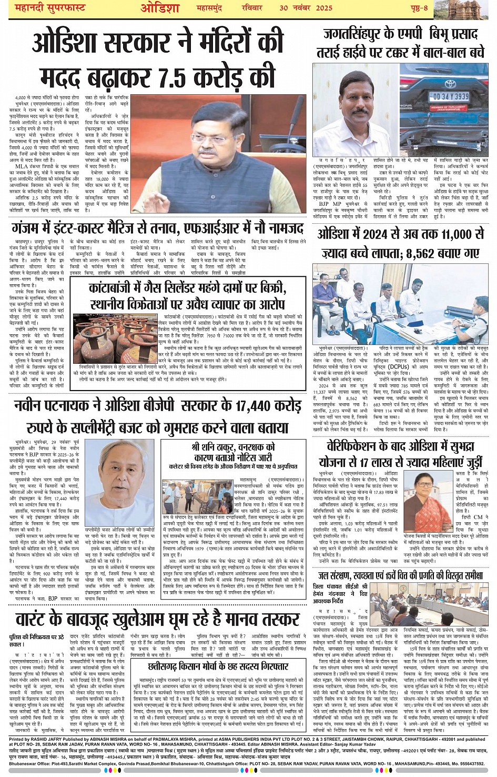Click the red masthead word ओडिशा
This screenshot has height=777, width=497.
160,9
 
